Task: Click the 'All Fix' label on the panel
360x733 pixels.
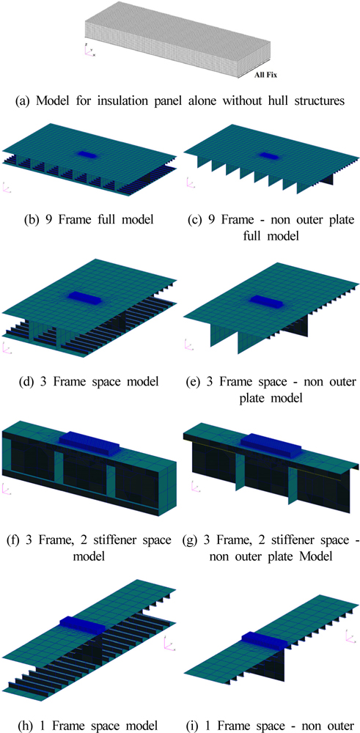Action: click(266, 74)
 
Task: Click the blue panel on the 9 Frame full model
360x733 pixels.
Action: click(87, 153)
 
